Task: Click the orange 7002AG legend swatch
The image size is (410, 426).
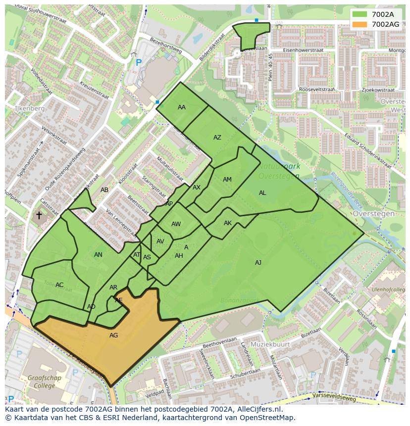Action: [x=360, y=24]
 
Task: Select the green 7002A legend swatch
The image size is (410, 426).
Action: [x=360, y=15]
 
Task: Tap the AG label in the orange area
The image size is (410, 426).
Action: [x=114, y=335]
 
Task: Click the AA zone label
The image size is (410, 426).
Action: [x=182, y=107]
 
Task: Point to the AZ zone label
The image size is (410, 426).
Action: [x=217, y=138]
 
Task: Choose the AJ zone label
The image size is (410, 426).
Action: [x=258, y=263]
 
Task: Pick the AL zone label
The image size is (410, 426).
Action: [x=262, y=193]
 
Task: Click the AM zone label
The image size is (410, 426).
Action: [x=227, y=180]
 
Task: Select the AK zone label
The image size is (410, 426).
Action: [x=228, y=223]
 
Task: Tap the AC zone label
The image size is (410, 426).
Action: [x=59, y=285]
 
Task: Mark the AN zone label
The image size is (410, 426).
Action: [x=98, y=255]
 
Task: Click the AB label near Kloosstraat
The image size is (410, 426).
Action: [x=104, y=190]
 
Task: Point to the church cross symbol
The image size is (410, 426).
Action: [x=39, y=215]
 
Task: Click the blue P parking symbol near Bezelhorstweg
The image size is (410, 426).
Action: [x=139, y=63]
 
